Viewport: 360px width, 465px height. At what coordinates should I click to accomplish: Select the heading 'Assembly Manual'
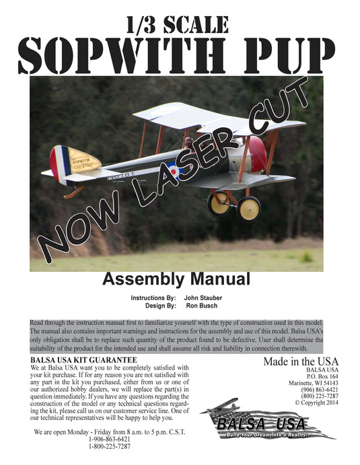(176, 279)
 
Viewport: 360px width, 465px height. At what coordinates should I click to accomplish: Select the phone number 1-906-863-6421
(110, 439)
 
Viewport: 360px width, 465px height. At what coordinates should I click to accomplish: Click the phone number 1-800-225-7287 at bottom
(110, 446)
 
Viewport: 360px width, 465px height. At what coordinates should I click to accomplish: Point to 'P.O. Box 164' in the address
(320, 377)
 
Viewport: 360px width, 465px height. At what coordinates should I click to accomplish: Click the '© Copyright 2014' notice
(316, 402)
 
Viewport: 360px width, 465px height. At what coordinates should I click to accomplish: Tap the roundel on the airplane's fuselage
(174, 170)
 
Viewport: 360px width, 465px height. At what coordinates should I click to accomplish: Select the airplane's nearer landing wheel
(248, 208)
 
